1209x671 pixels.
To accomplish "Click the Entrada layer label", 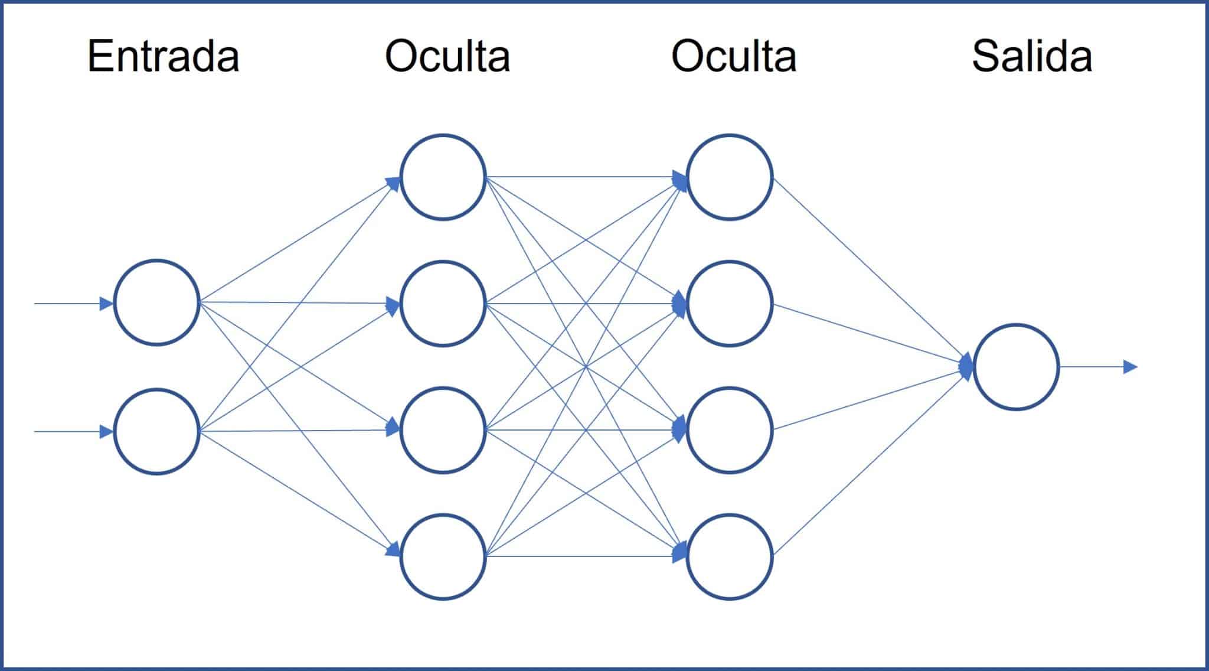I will (x=163, y=57).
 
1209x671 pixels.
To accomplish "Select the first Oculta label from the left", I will (x=447, y=57).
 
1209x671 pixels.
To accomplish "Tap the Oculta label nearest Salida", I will (x=734, y=57).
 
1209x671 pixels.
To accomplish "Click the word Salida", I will (x=1032, y=57).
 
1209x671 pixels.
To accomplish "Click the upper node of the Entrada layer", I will (x=156, y=302).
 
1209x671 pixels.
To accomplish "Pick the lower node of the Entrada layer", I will (x=156, y=431).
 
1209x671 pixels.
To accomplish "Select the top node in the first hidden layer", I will (x=443, y=177).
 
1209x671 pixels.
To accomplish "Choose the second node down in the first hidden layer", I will (x=443, y=304).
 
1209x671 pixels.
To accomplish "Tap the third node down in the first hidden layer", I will (x=443, y=430).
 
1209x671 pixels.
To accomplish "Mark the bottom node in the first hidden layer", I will (x=443, y=556).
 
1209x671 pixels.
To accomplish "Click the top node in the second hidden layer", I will (x=730, y=177).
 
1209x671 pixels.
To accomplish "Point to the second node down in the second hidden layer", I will (x=730, y=304).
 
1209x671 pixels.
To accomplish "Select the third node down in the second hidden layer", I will (x=730, y=430).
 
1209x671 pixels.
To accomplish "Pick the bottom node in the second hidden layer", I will (x=730, y=556).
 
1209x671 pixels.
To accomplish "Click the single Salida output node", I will (x=1016, y=367).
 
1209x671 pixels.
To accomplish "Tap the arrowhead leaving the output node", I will (x=1129, y=367).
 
